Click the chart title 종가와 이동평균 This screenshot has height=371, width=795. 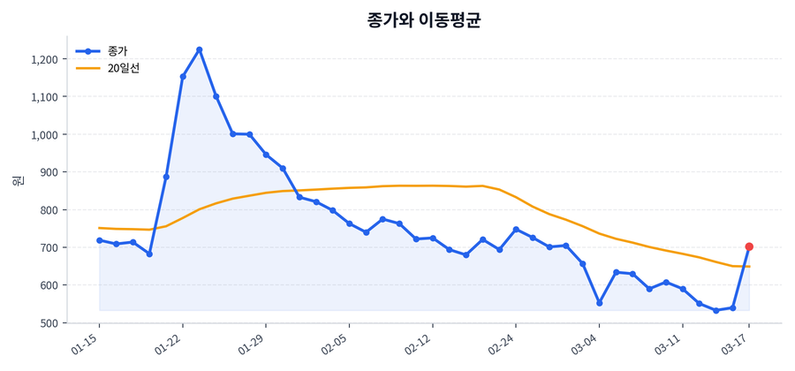(x=423, y=20)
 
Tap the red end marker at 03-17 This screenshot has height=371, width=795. (x=749, y=247)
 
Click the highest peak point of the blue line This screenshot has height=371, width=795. (x=200, y=49)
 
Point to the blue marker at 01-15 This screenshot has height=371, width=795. (x=99, y=240)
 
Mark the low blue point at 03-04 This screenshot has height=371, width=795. (x=599, y=303)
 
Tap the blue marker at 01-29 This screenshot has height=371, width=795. (x=266, y=155)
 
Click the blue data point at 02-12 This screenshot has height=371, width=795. (x=433, y=238)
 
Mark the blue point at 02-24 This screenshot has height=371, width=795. (x=516, y=230)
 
